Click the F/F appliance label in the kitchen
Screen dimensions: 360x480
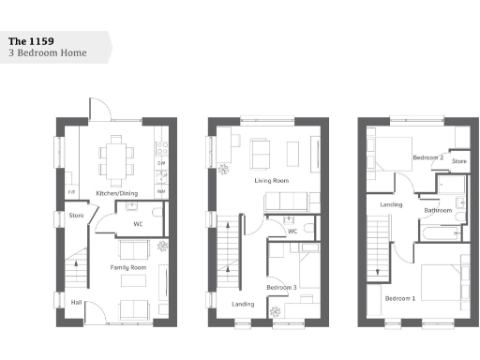[x=70, y=193]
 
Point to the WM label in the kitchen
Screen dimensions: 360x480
[x=161, y=192]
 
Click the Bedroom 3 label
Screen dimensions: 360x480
[x=281, y=287]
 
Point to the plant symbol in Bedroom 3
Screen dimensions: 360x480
[x=276, y=312]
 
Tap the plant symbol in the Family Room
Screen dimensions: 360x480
[x=162, y=247]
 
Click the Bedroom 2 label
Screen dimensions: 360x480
[x=428, y=157]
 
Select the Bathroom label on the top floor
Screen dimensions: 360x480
[x=438, y=211]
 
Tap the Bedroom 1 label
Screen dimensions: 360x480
[x=400, y=298]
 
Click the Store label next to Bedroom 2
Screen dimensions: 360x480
[x=459, y=161]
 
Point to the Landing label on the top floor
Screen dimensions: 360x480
[x=391, y=203]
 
